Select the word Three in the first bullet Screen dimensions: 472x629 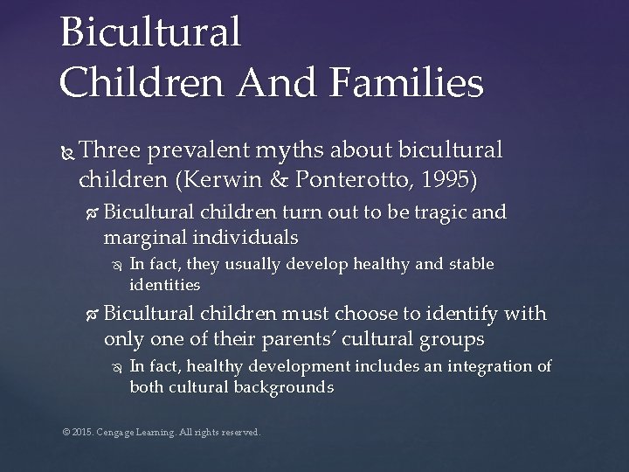pyautogui.click(x=111, y=150)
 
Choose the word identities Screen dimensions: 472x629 pyautogui.click(x=165, y=285)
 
